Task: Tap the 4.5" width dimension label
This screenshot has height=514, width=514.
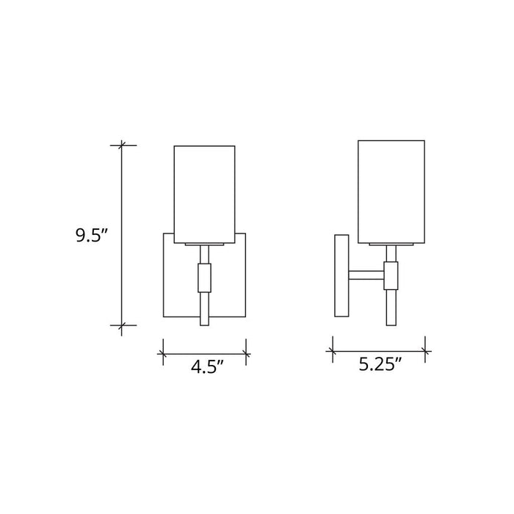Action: (x=207, y=367)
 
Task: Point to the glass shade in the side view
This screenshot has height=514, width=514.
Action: (x=391, y=190)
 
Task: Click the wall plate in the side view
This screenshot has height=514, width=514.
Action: (x=341, y=275)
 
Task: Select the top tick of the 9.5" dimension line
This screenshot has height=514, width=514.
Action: (x=123, y=145)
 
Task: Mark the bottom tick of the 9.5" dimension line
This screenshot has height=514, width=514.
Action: (x=123, y=325)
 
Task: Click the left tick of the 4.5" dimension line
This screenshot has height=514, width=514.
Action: (x=163, y=352)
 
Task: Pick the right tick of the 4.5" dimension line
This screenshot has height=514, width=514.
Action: (x=246, y=352)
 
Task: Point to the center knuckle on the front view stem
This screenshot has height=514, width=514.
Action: (x=205, y=278)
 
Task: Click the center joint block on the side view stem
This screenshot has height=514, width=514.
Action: (x=391, y=276)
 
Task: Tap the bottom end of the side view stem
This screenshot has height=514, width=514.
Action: (x=391, y=323)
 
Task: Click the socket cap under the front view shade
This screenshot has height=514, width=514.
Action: (x=205, y=242)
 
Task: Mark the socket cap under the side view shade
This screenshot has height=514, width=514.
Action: (x=391, y=242)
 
